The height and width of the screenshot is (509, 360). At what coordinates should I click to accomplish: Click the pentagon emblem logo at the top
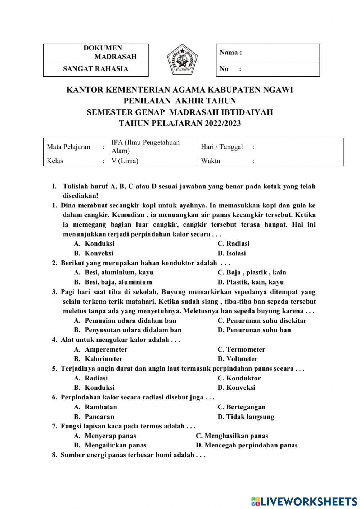tap(182, 60)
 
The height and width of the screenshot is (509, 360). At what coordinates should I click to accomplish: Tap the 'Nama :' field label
tap(230, 53)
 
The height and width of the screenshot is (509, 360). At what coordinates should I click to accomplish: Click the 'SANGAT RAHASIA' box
tap(95, 69)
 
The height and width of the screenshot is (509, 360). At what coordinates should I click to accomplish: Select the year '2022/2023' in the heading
tap(223, 123)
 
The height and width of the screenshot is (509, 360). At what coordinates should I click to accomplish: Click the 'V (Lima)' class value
tap(125, 161)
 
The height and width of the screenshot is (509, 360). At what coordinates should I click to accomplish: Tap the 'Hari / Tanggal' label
tap(222, 147)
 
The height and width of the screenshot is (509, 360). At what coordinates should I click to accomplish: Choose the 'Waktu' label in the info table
tap(211, 161)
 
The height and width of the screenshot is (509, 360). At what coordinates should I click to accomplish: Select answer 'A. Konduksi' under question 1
tap(94, 244)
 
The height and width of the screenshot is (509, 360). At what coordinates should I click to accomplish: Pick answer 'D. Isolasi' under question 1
tap(231, 253)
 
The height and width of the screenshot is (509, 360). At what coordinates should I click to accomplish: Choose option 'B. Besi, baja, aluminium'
tap(113, 282)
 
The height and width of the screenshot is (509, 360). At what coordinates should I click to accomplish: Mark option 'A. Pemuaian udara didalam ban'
tap(125, 321)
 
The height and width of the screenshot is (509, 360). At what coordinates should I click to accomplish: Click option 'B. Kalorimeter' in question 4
tap(98, 359)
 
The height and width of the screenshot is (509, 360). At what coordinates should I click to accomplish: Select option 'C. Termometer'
tap(241, 349)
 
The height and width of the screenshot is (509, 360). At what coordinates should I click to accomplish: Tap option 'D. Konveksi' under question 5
tap(236, 388)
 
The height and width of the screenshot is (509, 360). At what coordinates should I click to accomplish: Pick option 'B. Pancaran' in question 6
tap(94, 417)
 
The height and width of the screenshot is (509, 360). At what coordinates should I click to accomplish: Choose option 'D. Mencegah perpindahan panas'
tap(247, 445)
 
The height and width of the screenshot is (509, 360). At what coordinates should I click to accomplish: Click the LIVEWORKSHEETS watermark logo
tap(304, 501)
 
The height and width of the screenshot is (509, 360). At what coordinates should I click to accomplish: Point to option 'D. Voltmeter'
tap(238, 359)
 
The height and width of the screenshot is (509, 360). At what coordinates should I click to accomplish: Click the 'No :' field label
tap(230, 69)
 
